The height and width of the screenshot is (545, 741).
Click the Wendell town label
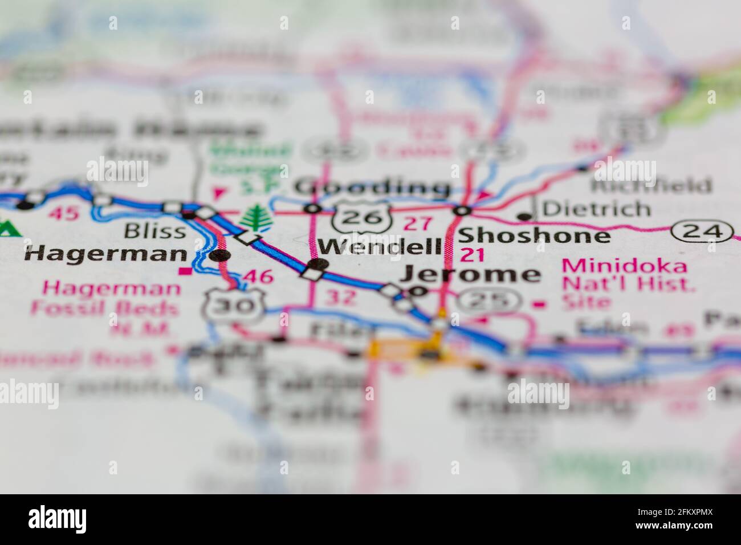[x=380, y=247]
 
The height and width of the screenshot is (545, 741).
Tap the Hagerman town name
[x=106, y=254]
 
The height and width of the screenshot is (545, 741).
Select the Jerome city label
[x=470, y=275]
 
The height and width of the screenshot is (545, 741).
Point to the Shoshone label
[x=534, y=235]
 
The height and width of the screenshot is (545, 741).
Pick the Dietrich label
[x=596, y=209]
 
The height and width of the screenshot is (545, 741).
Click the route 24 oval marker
[x=701, y=231]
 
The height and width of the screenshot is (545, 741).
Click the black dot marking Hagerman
[x=219, y=256]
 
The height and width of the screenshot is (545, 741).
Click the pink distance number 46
[x=257, y=278]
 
